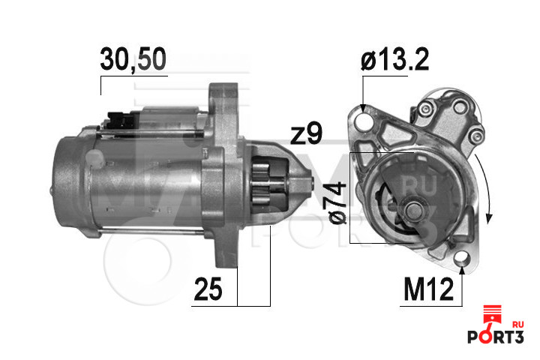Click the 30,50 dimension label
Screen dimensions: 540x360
(x=133, y=59)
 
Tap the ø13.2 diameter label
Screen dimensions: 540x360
(x=394, y=59)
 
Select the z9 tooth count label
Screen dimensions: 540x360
(x=306, y=135)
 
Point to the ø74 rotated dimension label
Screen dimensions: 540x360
(x=337, y=203)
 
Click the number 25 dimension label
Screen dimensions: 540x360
(x=208, y=289)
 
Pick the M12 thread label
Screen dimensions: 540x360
(x=428, y=289)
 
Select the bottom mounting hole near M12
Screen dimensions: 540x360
(x=462, y=258)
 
